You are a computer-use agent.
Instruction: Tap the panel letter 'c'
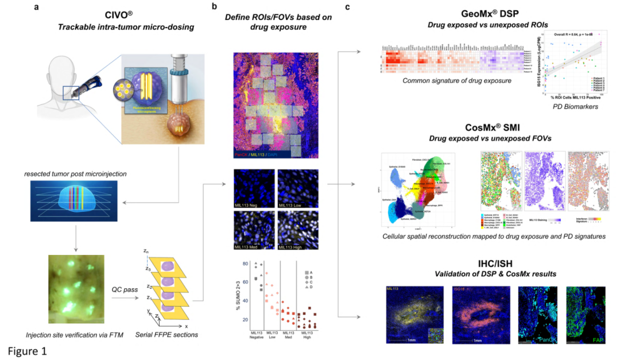coord(347,7)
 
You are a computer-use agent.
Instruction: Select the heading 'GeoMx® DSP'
coord(487,13)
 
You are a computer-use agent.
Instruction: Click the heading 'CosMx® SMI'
coord(487,127)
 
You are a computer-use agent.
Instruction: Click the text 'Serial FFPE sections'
coord(167,335)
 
